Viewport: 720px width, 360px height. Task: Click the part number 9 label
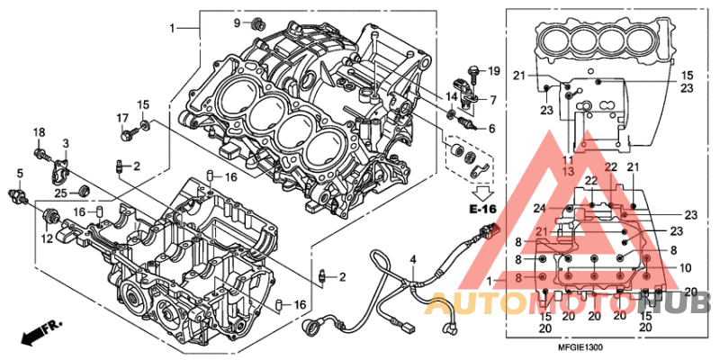coord(238,22)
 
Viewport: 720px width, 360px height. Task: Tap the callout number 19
coord(493,70)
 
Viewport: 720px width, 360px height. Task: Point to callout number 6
coord(492,129)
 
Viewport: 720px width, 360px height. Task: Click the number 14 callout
coord(451,96)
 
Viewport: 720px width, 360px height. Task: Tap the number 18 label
coord(39,133)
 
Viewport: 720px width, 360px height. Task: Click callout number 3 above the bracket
coord(66,144)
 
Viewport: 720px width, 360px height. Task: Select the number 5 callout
coord(19,172)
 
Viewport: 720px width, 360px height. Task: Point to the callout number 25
coord(59,192)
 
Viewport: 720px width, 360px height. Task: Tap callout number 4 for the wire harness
coord(413,260)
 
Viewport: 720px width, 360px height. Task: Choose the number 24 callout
coord(541,210)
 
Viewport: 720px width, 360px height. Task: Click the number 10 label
coord(686,268)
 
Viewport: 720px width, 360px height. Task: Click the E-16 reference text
coord(483,209)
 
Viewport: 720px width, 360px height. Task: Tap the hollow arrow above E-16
coord(483,191)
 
